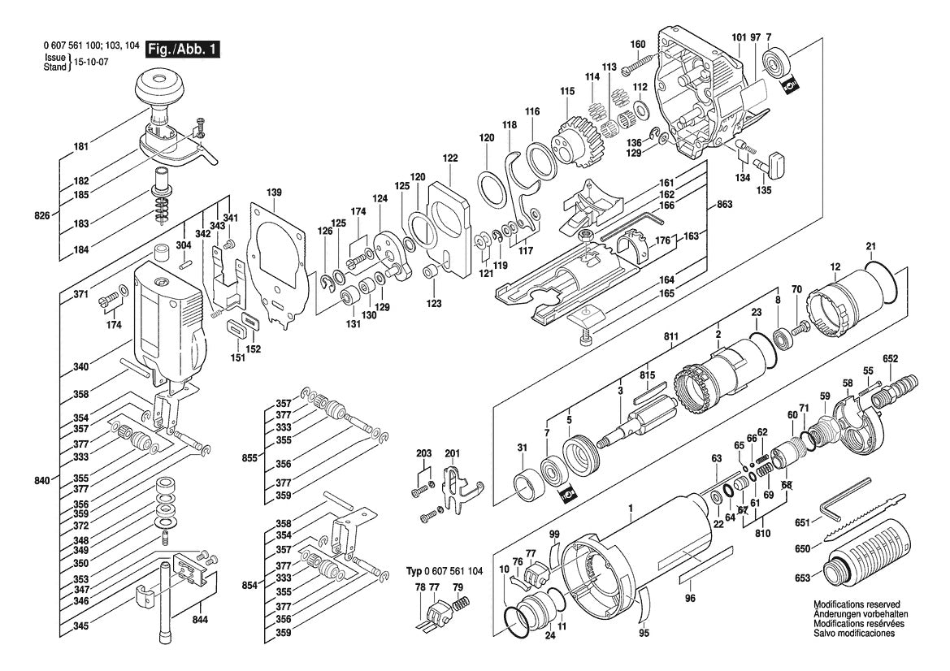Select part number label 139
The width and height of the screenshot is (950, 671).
(x=275, y=193)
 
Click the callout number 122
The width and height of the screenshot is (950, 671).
(x=450, y=158)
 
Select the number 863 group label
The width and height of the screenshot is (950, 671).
(x=724, y=206)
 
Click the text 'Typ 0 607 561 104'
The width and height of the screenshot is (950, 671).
(x=444, y=572)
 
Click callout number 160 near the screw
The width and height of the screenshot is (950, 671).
(x=638, y=44)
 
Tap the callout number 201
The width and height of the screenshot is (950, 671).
(x=452, y=453)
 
